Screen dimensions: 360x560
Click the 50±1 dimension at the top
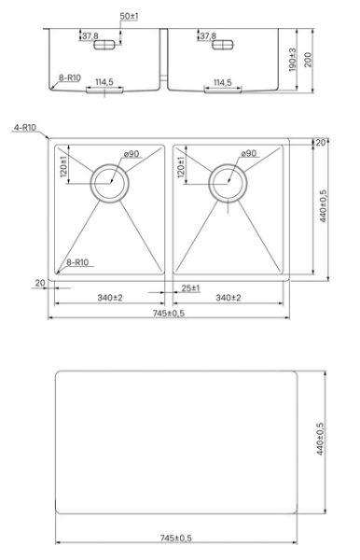(129, 16)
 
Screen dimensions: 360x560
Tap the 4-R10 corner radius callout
(25, 128)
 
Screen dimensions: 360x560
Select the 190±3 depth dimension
(292, 60)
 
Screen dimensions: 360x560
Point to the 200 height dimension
(308, 60)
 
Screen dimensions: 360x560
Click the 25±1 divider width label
(190, 288)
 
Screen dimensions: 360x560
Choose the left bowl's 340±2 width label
(110, 298)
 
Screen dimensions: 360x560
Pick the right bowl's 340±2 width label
(228, 298)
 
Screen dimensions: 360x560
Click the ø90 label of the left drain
(132, 154)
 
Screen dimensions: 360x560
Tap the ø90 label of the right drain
(249, 153)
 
